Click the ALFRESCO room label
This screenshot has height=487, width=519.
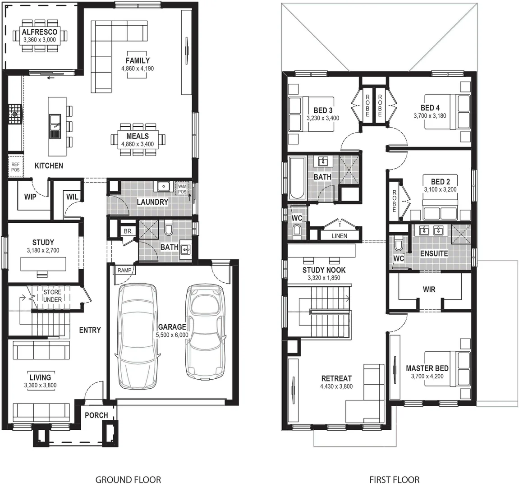[x=40, y=32]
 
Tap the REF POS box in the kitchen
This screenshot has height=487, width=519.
[x=15, y=167]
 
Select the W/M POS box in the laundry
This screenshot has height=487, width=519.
[x=182, y=189]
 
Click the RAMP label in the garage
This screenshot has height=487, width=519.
[x=124, y=271]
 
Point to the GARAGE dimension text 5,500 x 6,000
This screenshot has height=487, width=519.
[x=172, y=335]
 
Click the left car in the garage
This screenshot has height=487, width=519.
[x=139, y=336]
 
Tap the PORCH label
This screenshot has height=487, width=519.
[x=96, y=415]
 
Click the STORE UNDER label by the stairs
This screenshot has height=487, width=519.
[x=52, y=296]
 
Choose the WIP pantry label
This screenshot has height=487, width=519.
[x=30, y=197]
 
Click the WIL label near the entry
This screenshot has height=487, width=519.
[x=72, y=197]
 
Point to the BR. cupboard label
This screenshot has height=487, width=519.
[x=128, y=231]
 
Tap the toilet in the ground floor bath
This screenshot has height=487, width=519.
[x=169, y=230]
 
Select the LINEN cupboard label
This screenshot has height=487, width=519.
[x=339, y=236]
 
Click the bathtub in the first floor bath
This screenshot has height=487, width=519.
[x=297, y=178]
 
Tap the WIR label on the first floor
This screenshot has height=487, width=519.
[x=429, y=289]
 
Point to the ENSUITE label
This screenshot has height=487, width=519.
[x=434, y=254]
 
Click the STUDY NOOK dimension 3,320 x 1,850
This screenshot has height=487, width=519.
[x=324, y=278]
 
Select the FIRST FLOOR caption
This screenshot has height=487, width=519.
[x=394, y=480]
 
